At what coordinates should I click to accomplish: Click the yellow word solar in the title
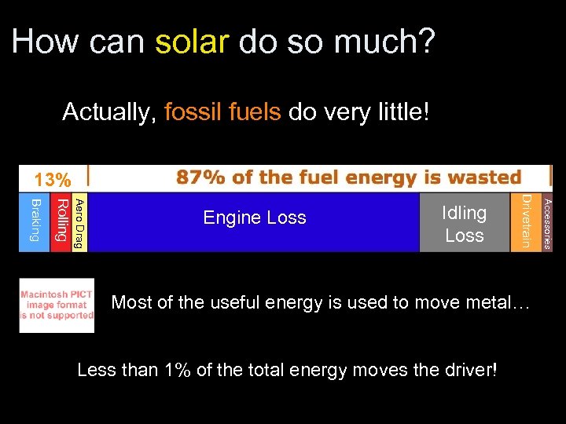pos(192,41)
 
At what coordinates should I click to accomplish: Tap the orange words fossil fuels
pos(222,112)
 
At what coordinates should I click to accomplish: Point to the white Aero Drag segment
pos(79,223)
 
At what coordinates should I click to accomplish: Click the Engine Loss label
pos(255,217)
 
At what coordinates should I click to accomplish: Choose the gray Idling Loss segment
pos(464,223)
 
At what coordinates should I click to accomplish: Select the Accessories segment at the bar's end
pos(548,223)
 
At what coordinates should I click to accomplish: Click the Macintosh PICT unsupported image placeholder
pos(57,305)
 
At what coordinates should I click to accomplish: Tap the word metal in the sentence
pos(495,302)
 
